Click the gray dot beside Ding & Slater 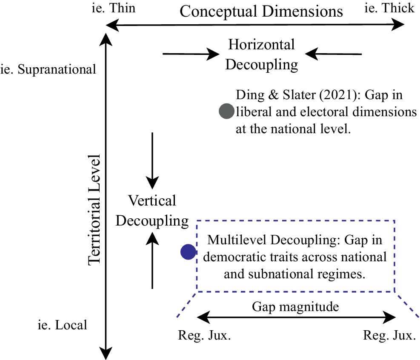tap(227, 111)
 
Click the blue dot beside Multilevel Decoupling tap(189, 252)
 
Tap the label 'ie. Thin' tap(113, 8)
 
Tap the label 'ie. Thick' tap(389, 8)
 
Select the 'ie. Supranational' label tap(48, 70)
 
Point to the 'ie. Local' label tap(63, 325)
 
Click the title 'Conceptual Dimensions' tap(261, 11)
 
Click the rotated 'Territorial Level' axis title tap(94, 210)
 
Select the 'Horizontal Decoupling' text tap(261, 54)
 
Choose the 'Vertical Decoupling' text tap(152, 211)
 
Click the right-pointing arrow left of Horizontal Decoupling tap(191, 54)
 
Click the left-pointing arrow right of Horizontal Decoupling tap(334, 54)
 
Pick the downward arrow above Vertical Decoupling tap(152, 161)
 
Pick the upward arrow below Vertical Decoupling tap(152, 260)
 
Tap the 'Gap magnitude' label tap(295, 307)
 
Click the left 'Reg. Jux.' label tap(204, 335)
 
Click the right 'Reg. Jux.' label tap(389, 335)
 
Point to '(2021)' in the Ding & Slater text tap(338, 95)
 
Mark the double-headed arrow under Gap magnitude tap(296, 317)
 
